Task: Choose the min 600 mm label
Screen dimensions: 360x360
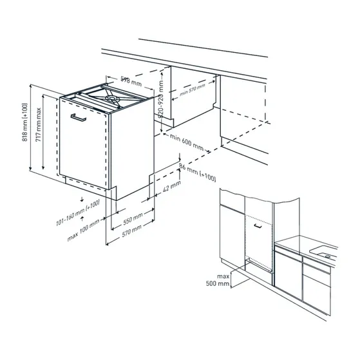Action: pos(186,142)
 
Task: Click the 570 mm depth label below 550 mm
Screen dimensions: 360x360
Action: pos(132,234)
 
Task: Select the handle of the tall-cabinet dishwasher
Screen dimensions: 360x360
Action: pos(260,225)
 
